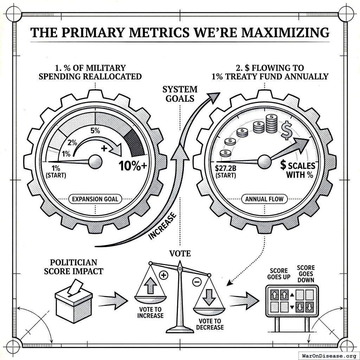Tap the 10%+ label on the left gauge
pyautogui.click(x=133, y=166)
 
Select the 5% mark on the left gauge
pyautogui.click(x=95, y=131)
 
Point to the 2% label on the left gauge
pyautogui.click(x=72, y=143)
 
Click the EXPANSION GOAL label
pyautogui.click(x=95, y=199)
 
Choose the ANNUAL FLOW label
pyautogui.click(x=264, y=199)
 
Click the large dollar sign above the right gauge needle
pyautogui.click(x=287, y=130)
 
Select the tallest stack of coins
pyautogui.click(x=271, y=124)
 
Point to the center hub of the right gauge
pyautogui.click(x=265, y=161)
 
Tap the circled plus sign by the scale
pyautogui.click(x=163, y=275)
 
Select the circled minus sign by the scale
pyautogui.click(x=197, y=282)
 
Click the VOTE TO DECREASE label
pyautogui.click(x=211, y=324)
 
